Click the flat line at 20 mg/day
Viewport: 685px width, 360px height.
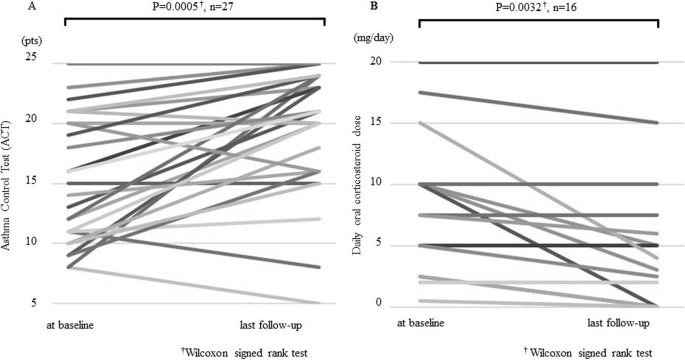point(539,63)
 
